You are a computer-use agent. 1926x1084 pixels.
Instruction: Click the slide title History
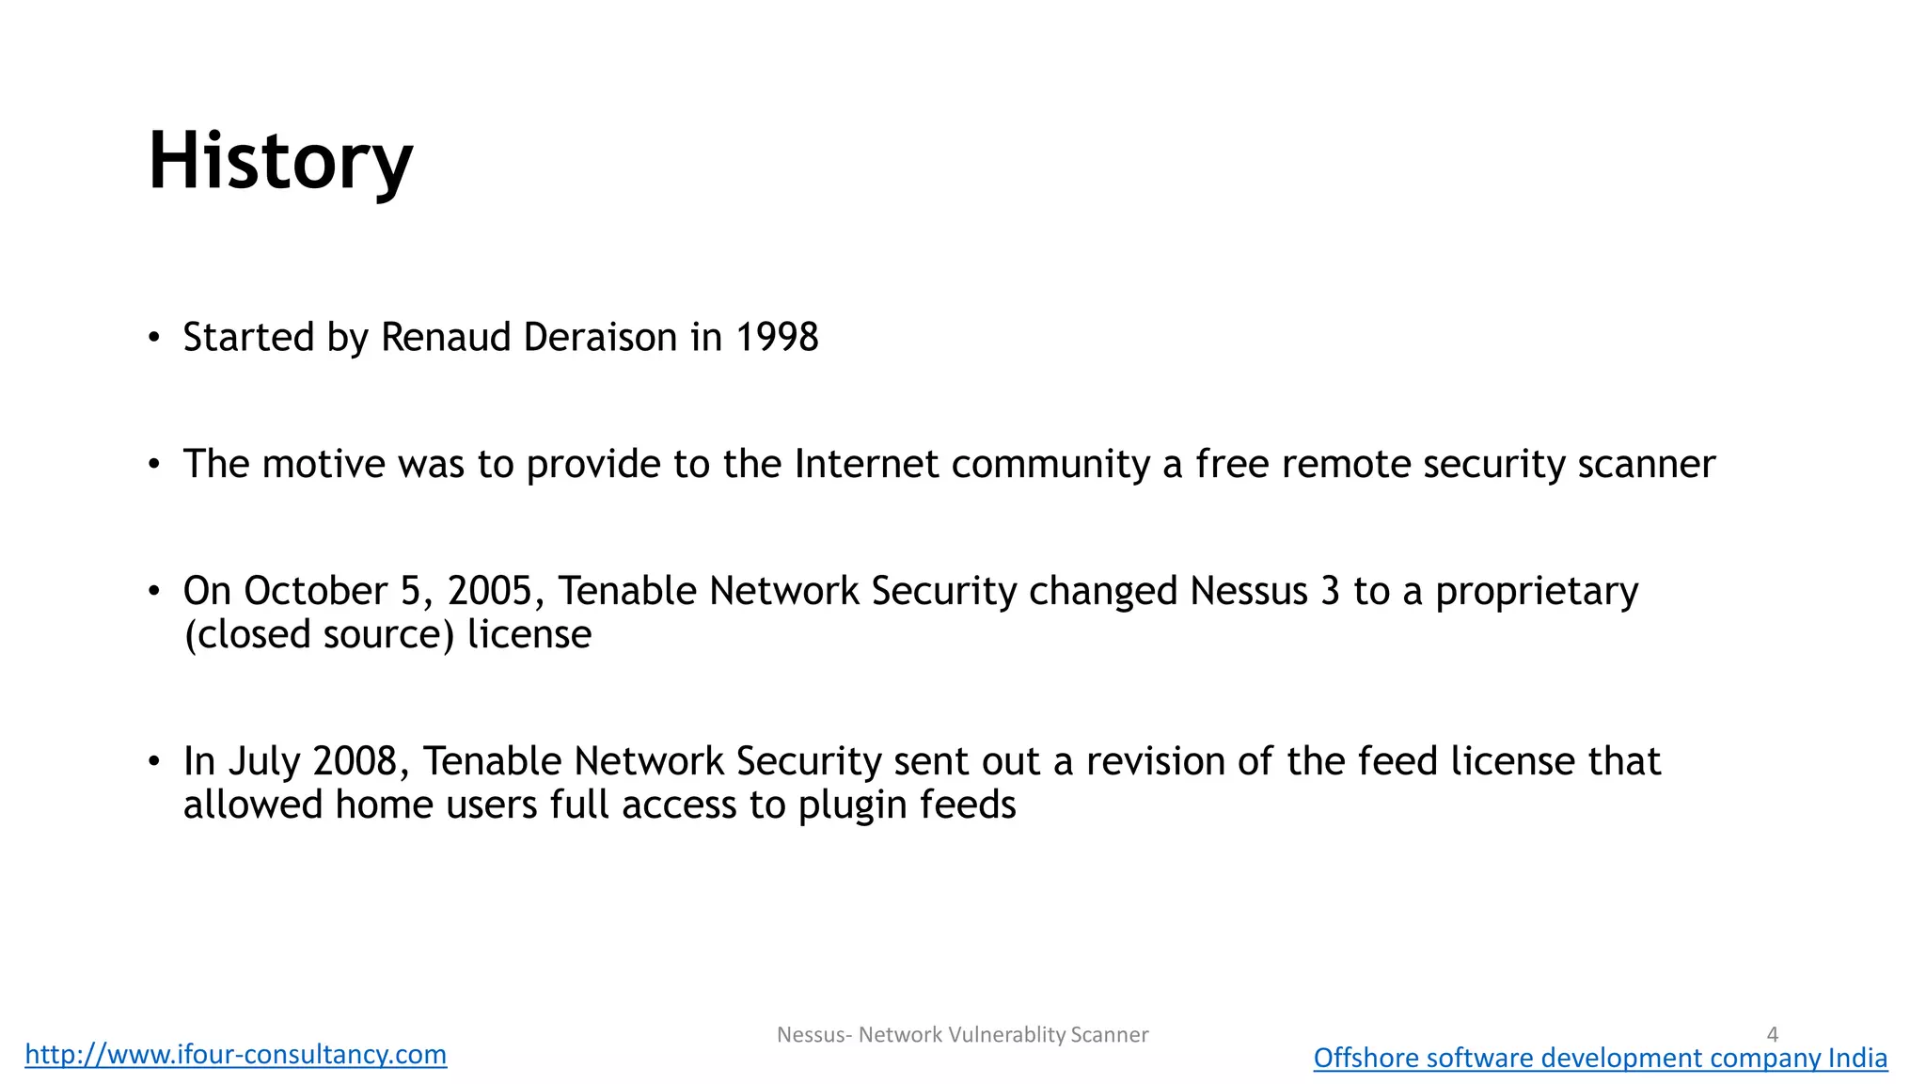[280, 161]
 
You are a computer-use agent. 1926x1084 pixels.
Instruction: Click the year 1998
[777, 338]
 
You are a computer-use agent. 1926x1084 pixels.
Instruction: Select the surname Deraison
[600, 338]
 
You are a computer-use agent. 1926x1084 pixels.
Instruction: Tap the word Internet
[866, 465]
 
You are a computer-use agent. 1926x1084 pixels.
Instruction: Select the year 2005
[490, 592]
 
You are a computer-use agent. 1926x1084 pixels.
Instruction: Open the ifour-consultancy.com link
[236, 1054]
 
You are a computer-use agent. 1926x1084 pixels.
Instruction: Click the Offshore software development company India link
[1600, 1058]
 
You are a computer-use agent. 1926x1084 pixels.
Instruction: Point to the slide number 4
[1772, 1034]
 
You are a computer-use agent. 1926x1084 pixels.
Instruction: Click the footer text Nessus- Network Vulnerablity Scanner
[962, 1035]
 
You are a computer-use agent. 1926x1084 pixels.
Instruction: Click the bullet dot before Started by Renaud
[154, 338]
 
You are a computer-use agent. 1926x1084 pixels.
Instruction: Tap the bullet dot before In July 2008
[154, 761]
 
